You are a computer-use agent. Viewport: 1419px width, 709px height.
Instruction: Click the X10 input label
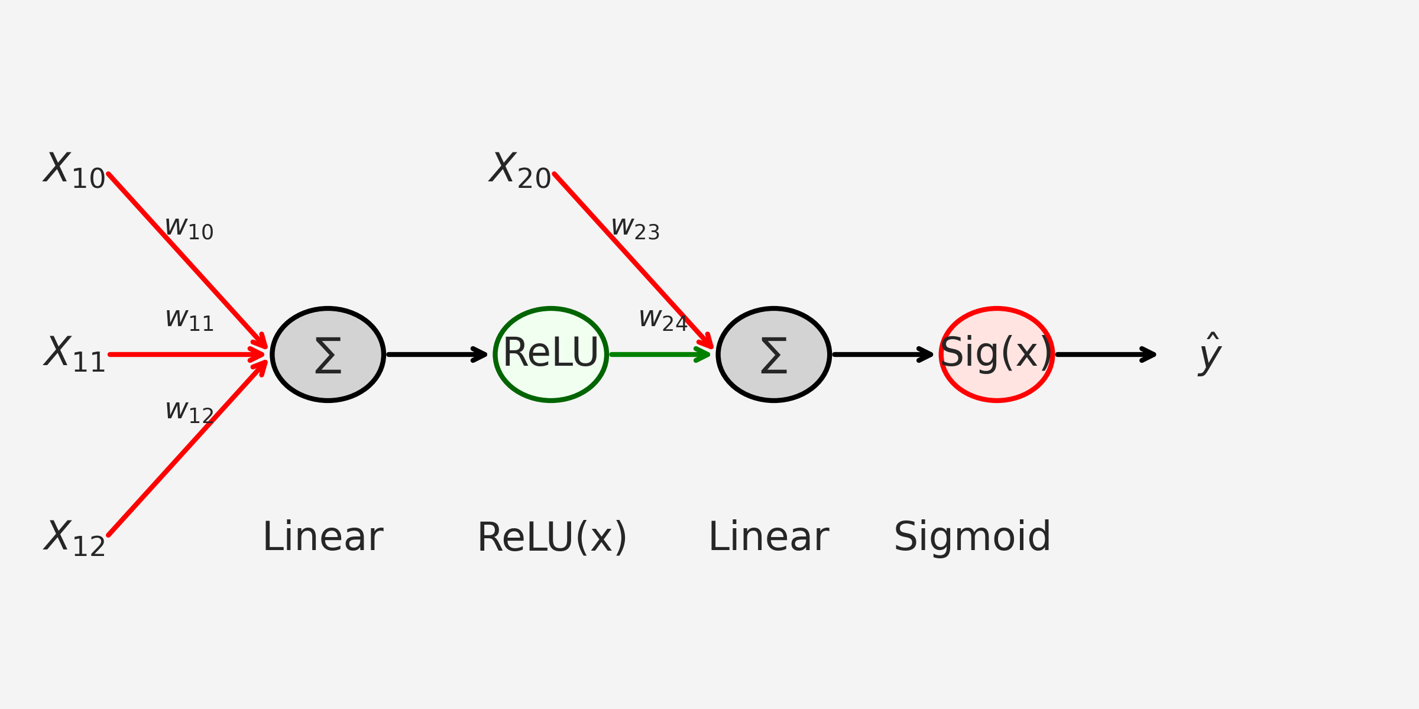74,170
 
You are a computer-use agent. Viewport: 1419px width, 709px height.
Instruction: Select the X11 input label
74,354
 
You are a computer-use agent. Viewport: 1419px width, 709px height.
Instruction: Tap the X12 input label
74,538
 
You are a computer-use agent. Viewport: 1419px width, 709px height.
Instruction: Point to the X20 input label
520,170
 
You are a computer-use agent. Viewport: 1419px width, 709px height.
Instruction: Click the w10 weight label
189,228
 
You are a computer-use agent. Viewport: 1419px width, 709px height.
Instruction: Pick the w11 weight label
189,320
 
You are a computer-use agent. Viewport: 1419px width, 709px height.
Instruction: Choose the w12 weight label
189,412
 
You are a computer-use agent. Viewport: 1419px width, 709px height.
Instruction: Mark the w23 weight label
636,228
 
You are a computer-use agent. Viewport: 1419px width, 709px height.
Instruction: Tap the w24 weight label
663,320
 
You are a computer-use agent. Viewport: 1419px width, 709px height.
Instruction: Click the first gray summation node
328,354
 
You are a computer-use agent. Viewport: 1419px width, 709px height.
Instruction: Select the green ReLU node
551,354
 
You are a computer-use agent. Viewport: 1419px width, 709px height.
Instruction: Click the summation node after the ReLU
774,354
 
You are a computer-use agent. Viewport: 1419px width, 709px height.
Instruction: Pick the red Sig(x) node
997,354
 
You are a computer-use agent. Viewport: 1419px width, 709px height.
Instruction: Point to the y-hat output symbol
1210,354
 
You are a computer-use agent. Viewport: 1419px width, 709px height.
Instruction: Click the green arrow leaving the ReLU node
660,354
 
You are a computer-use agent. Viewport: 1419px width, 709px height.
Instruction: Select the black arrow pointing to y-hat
1106,354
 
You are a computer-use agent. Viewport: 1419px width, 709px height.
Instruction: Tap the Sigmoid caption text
972,538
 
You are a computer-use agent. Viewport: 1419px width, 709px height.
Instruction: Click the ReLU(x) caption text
552,538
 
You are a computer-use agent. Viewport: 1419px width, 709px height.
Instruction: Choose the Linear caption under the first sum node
323,537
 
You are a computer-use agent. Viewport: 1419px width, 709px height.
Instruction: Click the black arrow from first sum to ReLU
438,354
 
